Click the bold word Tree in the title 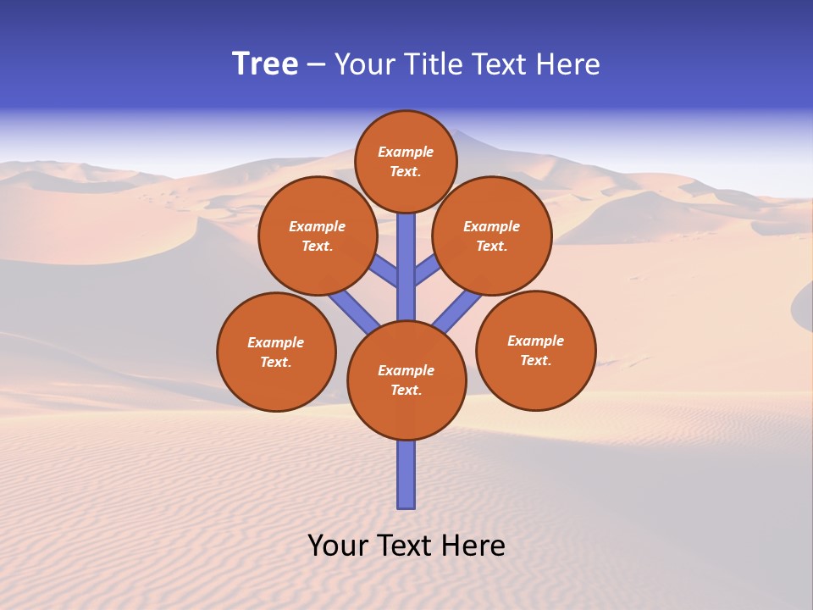pos(265,64)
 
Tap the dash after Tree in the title pos(316,65)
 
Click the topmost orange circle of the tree pos(406,161)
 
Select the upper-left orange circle pos(318,236)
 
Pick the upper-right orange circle pos(492,236)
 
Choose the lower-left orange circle pos(276,352)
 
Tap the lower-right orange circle pos(536,350)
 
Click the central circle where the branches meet pos(406,380)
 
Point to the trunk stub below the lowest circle pos(406,474)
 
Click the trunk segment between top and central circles pos(406,267)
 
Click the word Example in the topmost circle pos(406,152)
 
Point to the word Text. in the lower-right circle pos(535,360)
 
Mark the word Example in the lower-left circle pos(276,342)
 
